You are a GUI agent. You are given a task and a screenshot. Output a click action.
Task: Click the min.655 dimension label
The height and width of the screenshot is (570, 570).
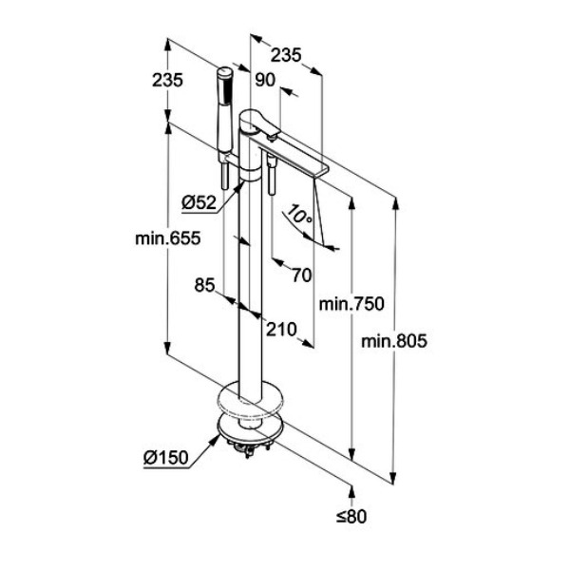(167, 238)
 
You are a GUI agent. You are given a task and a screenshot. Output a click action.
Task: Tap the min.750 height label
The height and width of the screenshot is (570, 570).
(351, 304)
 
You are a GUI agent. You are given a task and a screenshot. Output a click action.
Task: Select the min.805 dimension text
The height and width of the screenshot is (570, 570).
(394, 341)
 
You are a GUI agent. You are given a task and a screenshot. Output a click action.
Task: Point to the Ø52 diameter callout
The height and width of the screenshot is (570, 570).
(199, 202)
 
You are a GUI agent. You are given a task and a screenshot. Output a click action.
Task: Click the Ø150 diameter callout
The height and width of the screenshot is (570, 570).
(166, 457)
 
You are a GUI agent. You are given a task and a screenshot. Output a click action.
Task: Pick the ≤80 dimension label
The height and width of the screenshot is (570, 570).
(351, 516)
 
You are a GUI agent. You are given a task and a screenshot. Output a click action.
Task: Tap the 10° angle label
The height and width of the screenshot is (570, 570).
(299, 215)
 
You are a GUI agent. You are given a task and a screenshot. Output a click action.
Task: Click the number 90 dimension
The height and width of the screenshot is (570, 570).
(265, 80)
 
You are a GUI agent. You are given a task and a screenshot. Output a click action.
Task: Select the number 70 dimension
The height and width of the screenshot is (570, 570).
(302, 275)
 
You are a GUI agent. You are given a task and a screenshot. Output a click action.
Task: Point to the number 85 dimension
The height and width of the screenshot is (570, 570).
(204, 285)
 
